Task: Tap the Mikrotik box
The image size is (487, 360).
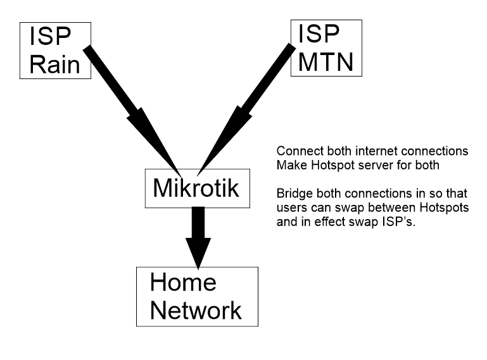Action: pos(196,188)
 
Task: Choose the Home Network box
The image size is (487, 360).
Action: pos(197,295)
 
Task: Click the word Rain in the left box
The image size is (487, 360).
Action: pos(56,65)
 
